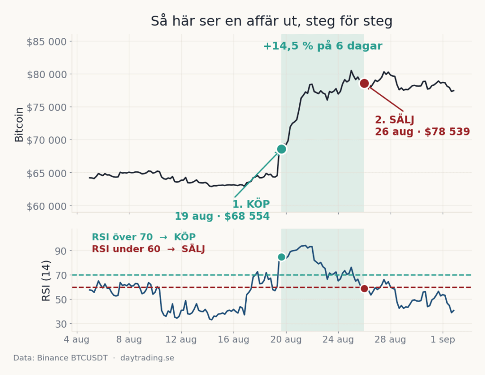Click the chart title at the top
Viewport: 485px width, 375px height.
271,21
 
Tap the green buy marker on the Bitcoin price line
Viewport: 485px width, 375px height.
281,149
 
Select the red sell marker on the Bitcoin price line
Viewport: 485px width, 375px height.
364,83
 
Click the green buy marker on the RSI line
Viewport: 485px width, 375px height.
281,257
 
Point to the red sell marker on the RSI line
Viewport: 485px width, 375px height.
364,288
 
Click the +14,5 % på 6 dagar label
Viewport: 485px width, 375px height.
323,46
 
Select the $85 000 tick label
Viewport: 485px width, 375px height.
46,41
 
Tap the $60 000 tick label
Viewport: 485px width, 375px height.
46,206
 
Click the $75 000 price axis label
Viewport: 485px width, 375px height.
46,107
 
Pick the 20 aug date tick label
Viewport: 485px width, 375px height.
286,339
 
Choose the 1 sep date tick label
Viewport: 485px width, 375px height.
443,339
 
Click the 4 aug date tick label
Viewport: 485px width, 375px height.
76,339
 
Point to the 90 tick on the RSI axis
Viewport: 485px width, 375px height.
61,251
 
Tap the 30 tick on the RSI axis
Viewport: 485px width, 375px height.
61,324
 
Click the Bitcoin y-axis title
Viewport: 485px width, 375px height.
19,124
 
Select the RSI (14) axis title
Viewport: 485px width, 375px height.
46,280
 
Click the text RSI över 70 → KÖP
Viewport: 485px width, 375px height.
144,237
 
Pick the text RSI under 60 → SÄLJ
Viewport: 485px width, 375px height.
148,249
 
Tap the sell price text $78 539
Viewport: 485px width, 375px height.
447,132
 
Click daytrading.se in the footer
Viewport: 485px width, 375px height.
147,358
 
